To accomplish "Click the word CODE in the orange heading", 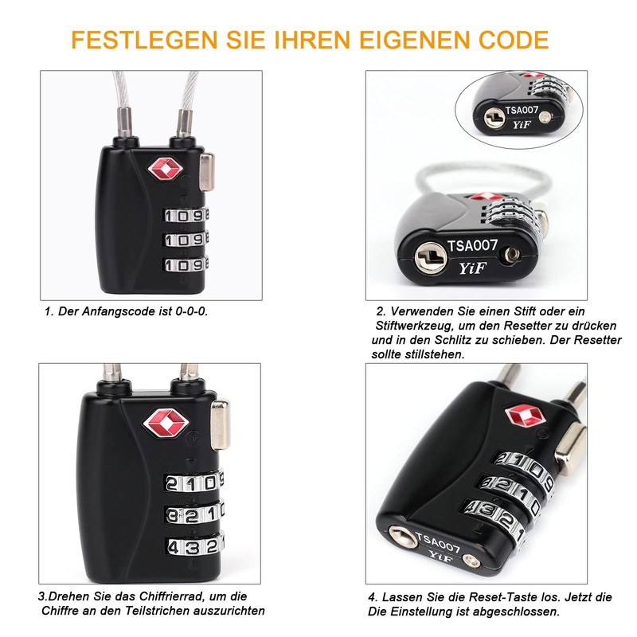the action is pos(514,40).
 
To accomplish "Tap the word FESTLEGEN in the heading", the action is pos(145,40).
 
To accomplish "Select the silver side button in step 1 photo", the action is pos(206,171).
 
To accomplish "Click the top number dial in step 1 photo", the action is pos(186,215).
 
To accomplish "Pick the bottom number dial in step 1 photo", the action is pos(186,264).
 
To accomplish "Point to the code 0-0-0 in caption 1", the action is pos(191,311).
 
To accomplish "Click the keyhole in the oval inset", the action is pos(494,119).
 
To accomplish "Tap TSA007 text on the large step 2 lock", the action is pos(472,246).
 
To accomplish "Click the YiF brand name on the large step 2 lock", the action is pos(472,268).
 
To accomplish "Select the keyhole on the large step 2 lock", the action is pos(431,257).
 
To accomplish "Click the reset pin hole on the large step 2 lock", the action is pos(510,256).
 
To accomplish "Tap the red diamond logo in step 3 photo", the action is pos(166,424).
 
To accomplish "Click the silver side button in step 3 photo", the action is pos(220,424).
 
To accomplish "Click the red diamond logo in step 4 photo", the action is pos(526,416).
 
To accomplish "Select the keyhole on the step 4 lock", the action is pos(402,536).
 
